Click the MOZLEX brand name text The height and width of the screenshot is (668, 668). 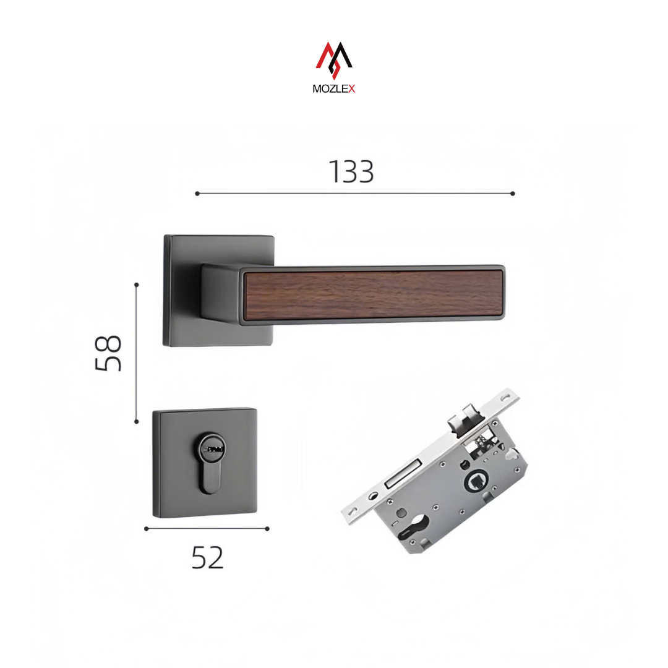[x=333, y=88]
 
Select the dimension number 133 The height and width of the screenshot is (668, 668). [x=351, y=172]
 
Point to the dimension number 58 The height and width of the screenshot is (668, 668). [x=108, y=353]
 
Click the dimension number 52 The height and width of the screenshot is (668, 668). [x=207, y=558]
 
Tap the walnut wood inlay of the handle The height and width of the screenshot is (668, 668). [x=373, y=295]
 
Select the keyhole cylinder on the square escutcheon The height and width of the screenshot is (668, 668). [x=211, y=463]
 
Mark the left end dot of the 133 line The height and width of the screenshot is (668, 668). [x=197, y=194]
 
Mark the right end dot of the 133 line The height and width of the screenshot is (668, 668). [x=513, y=194]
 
